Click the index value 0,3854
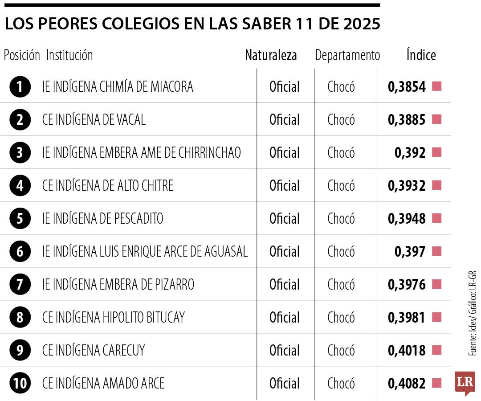(x=407, y=86)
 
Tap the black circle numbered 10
(x=20, y=383)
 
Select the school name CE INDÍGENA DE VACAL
(x=94, y=119)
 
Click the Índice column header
(x=421, y=55)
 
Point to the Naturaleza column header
(x=271, y=55)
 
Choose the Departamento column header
(x=347, y=55)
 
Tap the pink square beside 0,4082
(x=436, y=383)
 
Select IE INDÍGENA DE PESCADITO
(x=103, y=218)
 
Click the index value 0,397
(x=410, y=251)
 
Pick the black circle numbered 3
(x=20, y=152)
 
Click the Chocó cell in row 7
(x=341, y=284)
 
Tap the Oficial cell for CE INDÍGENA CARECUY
(x=285, y=350)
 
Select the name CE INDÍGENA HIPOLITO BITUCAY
(x=114, y=317)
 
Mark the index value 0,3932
(x=407, y=185)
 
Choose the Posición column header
(x=22, y=55)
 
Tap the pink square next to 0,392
(x=436, y=152)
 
